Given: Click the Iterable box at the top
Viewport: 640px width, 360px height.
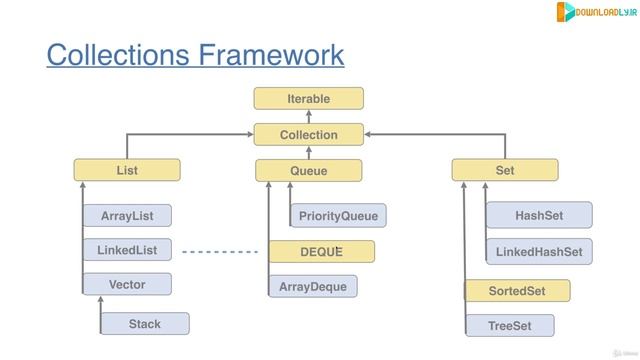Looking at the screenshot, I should (308, 98).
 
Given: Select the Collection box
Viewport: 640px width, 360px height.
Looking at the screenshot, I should (308, 134).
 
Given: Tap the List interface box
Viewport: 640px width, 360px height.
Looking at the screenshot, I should (127, 170).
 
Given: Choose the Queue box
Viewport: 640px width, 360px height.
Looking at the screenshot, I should (308, 170).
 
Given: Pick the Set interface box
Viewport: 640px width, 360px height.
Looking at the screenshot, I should (505, 170).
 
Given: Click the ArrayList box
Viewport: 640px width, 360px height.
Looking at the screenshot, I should (127, 215).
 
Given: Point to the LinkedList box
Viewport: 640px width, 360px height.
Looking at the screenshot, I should (127, 249).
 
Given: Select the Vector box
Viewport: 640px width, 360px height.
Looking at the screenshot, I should (127, 285).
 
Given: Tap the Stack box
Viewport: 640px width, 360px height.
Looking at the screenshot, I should (144, 323).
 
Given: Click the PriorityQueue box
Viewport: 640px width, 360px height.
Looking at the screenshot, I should (338, 215).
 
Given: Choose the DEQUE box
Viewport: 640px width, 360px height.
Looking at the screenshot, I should (321, 252).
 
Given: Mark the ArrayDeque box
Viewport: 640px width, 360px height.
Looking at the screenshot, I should (313, 287).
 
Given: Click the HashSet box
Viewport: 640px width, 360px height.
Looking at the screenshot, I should (539, 215).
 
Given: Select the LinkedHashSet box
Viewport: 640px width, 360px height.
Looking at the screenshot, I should (539, 252).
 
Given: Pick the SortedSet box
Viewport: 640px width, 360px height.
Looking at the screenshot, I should (517, 291).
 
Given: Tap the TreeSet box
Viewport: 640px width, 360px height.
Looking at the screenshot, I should (509, 326).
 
